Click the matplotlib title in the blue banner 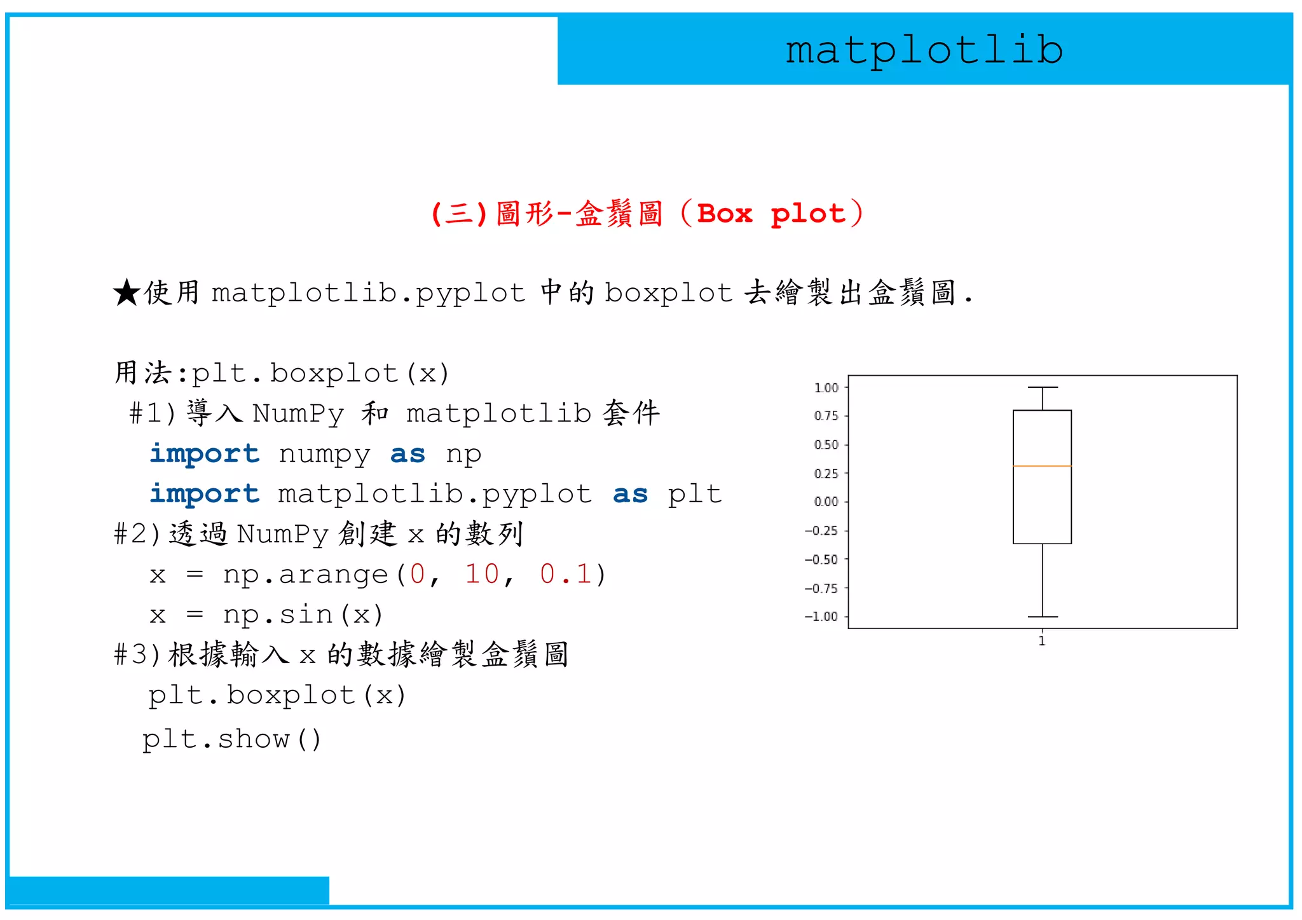[924, 50]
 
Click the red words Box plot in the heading [771, 214]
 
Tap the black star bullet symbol [127, 293]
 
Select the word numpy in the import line [324, 455]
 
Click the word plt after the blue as [694, 495]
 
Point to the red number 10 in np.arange [482, 574]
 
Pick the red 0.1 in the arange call [566, 574]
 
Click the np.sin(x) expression [303, 615]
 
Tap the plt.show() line [232, 739]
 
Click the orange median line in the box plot [1042, 466]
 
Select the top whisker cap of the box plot [1043, 387]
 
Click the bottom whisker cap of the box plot [1043, 617]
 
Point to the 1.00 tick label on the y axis [826, 388]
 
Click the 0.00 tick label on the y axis [826, 502]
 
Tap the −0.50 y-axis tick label [821, 560]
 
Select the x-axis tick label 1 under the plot [1042, 641]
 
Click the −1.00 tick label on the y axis [821, 617]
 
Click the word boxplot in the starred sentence [669, 293]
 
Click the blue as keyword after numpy [408, 455]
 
